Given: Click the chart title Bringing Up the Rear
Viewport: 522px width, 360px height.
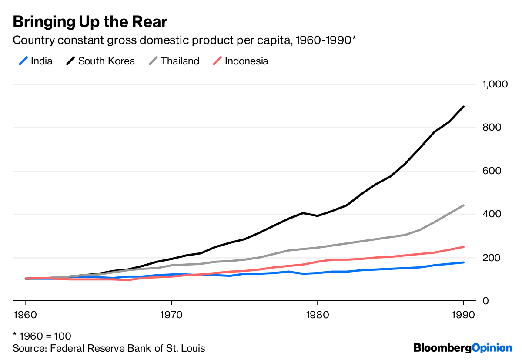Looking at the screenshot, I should click(90, 21).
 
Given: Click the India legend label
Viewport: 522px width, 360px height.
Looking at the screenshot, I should click(42, 61).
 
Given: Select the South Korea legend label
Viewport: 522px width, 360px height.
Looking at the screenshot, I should click(107, 61).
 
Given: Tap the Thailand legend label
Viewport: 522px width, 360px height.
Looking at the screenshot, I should click(180, 61).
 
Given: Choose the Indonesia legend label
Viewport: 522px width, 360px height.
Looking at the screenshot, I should click(246, 61).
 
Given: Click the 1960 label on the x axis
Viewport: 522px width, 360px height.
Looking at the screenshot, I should click(26, 315).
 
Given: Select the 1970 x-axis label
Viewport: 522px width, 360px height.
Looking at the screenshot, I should click(171, 315).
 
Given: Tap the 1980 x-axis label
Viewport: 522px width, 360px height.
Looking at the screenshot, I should click(317, 315).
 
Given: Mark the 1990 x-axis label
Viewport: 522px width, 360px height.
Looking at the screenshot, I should click(463, 315).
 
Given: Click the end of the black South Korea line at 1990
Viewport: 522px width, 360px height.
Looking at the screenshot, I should click(463, 107).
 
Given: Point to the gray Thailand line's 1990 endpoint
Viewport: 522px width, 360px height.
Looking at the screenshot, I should click(463, 205).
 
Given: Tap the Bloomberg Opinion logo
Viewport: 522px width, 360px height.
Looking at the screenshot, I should click(463, 348).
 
